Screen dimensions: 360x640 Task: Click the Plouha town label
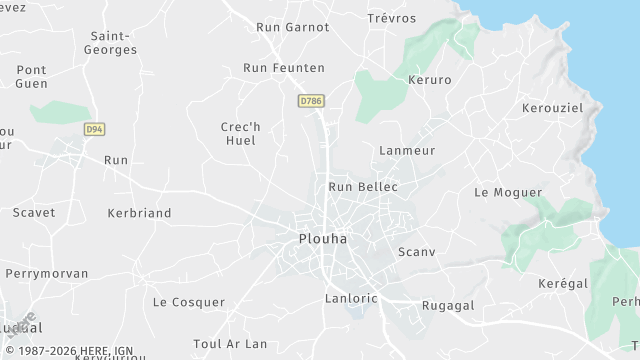[324, 239]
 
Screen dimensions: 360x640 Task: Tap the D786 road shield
[310, 101]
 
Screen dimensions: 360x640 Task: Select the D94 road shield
[94, 129]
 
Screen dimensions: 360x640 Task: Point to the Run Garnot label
[292, 27]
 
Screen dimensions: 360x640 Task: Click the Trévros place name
[391, 18]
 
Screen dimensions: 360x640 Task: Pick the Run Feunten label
[284, 67]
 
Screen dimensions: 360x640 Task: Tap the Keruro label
[430, 79]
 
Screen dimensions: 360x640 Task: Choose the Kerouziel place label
[552, 107]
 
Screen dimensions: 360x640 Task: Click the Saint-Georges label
[110, 42]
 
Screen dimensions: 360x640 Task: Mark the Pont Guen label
[31, 77]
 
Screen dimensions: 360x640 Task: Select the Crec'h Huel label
[238, 133]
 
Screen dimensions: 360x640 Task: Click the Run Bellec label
[363, 187]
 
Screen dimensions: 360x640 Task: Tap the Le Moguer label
[508, 192]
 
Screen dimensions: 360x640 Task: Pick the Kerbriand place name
[139, 213]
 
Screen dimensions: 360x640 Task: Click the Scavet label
[34, 212]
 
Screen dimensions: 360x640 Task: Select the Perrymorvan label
[47, 273]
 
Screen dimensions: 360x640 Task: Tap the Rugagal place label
[448, 305]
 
